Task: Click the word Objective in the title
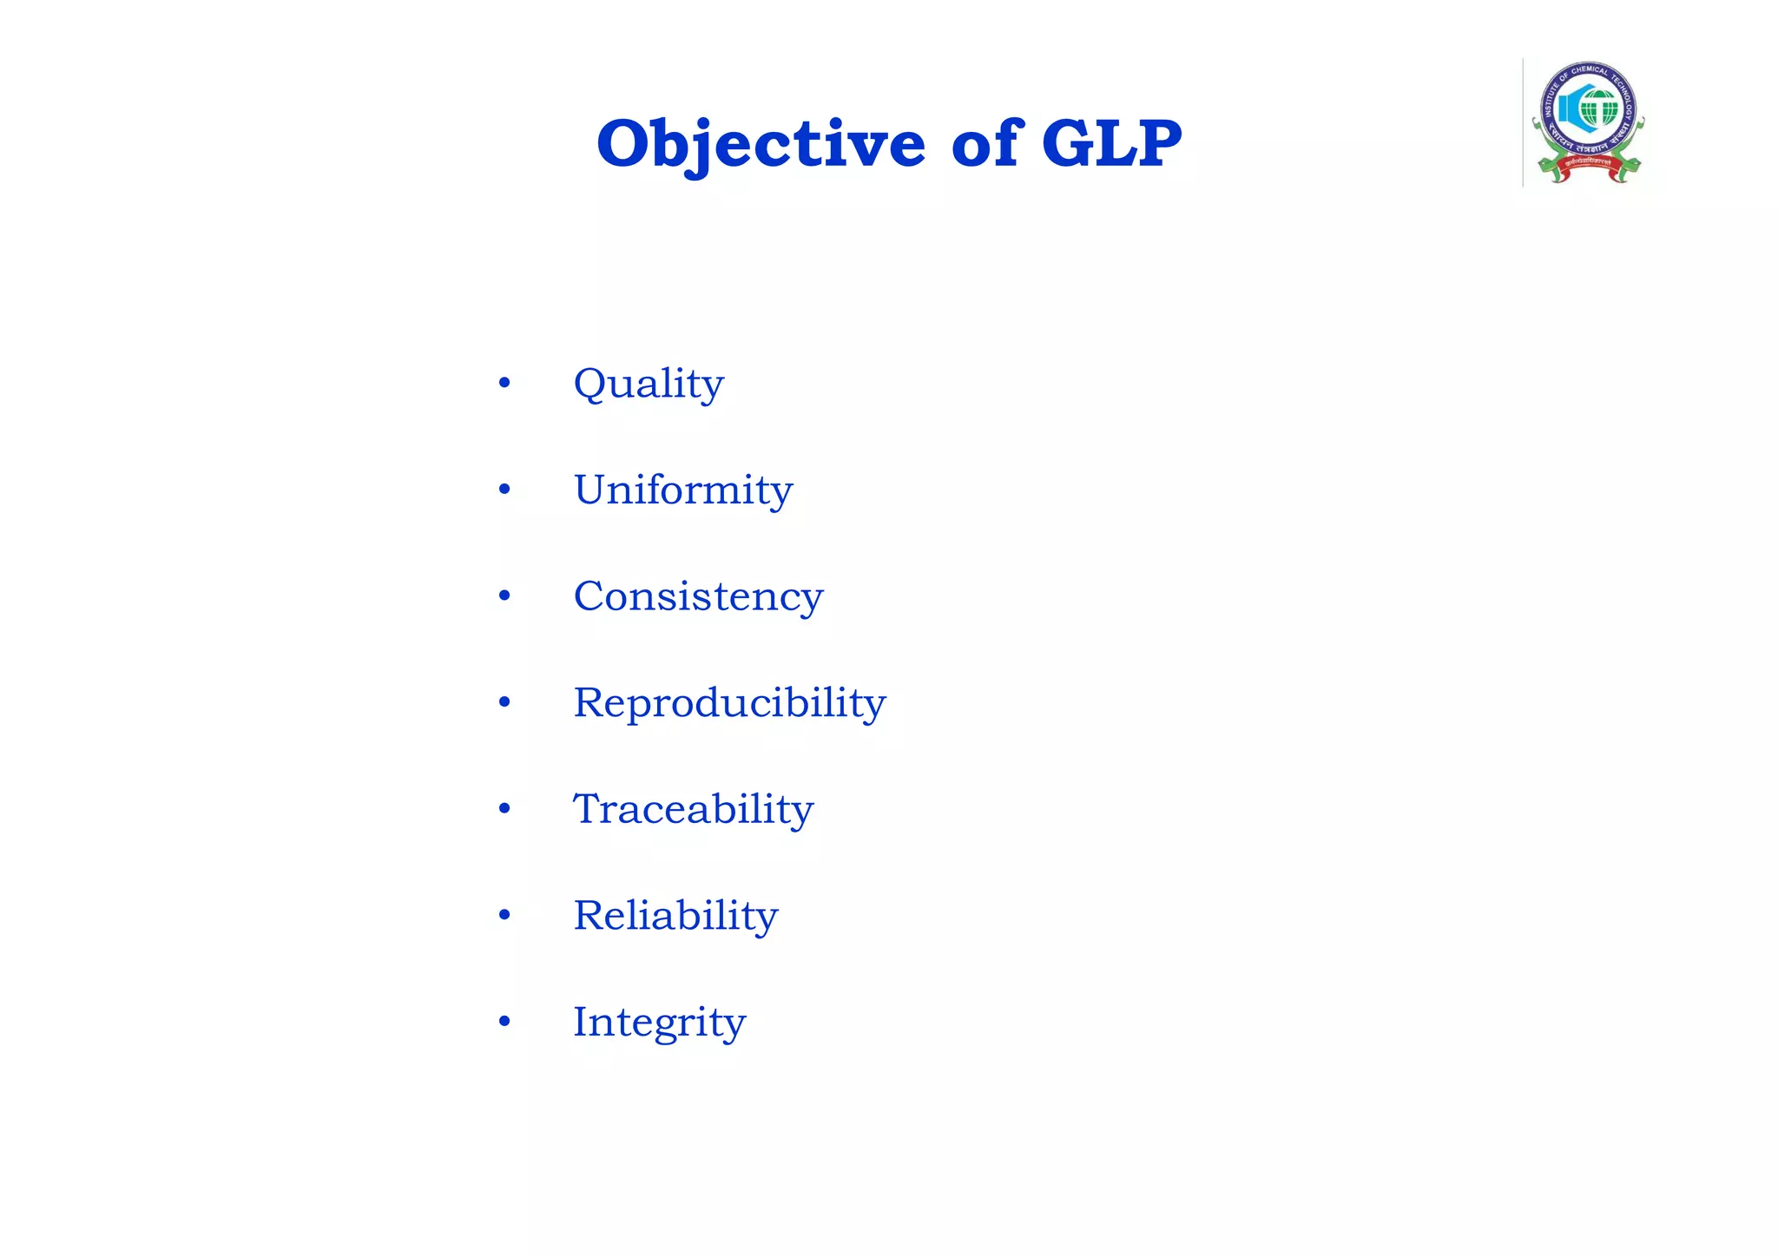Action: coord(761,143)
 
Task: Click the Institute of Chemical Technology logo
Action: coord(1588,122)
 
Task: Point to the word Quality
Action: coord(649,384)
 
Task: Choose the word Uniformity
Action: coord(683,490)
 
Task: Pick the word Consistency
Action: coord(698,596)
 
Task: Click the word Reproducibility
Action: coord(729,702)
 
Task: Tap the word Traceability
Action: coord(693,809)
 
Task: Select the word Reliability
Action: coord(675,915)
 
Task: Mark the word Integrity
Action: coord(659,1022)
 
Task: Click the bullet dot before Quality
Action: coord(504,383)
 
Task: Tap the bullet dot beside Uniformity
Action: coord(504,490)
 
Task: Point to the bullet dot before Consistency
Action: coord(504,596)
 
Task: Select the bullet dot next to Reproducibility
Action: coord(504,702)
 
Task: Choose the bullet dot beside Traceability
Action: coord(504,809)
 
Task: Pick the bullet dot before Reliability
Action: coord(504,915)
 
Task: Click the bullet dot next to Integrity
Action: coord(504,1022)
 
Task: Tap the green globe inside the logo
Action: coord(1598,109)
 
